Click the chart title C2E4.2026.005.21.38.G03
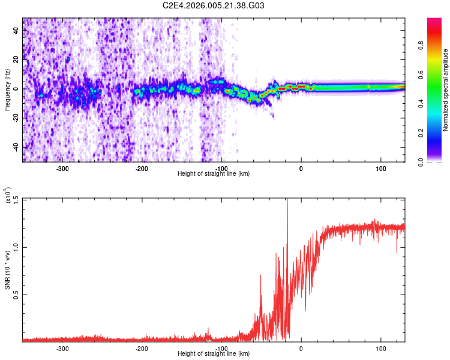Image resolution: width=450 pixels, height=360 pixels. pyautogui.click(x=214, y=5)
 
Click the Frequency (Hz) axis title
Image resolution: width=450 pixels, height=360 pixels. pyautogui.click(x=8, y=89)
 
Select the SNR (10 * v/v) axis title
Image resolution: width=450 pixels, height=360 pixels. pyautogui.click(x=8, y=270)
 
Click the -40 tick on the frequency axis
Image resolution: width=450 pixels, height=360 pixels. pyautogui.click(x=14, y=147)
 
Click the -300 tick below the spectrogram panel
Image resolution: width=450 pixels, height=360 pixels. pyautogui.click(x=63, y=169)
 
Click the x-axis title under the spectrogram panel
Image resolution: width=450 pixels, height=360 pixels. pyautogui.click(x=214, y=174)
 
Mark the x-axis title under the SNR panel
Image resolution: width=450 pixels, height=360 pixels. pyautogui.click(x=214, y=354)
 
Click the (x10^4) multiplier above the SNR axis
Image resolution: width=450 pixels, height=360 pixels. pyautogui.click(x=8, y=196)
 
